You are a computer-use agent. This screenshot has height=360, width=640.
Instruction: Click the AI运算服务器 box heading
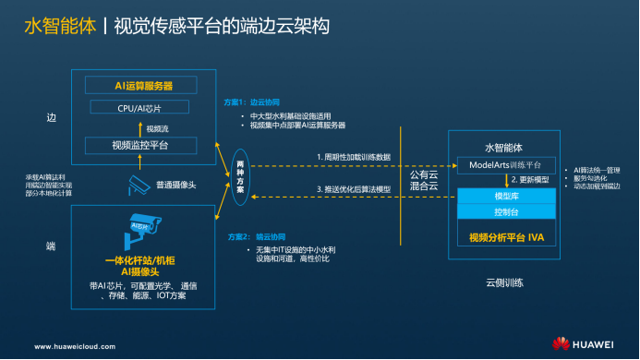[x=144, y=86]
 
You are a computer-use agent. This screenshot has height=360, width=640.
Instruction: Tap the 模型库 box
[x=504, y=197]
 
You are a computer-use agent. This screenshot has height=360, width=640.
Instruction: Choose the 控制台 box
[x=504, y=211]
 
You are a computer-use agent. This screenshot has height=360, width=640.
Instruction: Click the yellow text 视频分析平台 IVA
[x=504, y=236]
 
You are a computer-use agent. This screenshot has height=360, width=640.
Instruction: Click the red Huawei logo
[x=560, y=344]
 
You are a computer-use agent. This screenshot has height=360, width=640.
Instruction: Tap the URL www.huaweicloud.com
[x=76, y=346]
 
